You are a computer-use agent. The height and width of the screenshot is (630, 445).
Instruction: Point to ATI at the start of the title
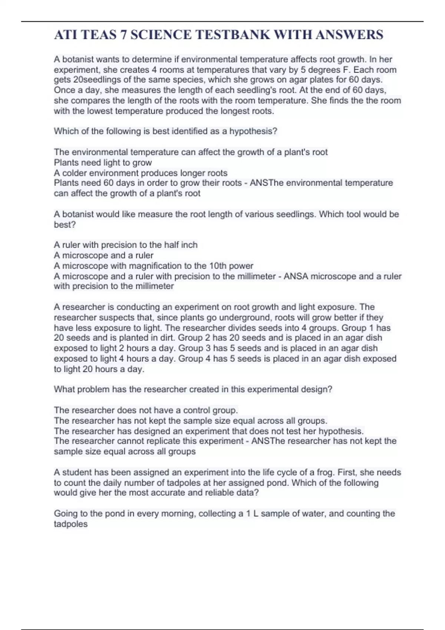[66, 35]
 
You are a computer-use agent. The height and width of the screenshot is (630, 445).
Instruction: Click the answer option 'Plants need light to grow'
[103, 163]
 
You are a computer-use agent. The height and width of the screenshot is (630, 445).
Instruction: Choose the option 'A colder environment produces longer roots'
[141, 173]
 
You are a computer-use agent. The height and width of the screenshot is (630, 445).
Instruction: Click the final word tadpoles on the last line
[70, 524]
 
